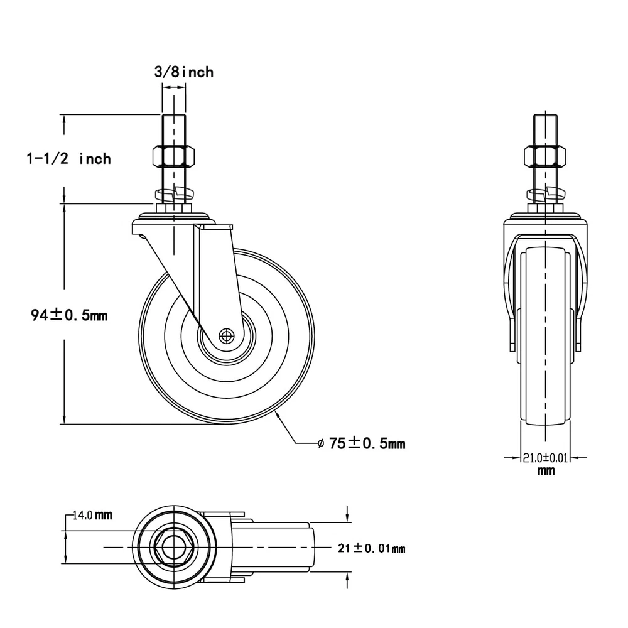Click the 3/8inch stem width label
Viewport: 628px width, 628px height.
pos(184,72)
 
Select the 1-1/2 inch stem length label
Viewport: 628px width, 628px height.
pos(68,159)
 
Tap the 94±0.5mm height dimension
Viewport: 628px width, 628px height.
pos(69,315)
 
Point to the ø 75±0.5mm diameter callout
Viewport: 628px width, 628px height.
pos(361,443)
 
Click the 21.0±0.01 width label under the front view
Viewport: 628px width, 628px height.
pos(546,457)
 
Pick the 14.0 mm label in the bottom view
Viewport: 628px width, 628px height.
pos(92,515)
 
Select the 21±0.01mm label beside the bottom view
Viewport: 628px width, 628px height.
pos(372,548)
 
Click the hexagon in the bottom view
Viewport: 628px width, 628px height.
pos(174,547)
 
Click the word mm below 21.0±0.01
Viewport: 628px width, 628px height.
pos(546,470)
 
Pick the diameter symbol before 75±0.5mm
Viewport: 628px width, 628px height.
pos(320,443)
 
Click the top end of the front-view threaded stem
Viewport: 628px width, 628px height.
pos(174,115)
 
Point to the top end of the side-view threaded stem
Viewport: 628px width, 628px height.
pos(545,115)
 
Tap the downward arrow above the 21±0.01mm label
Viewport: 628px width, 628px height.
pos(347,514)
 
